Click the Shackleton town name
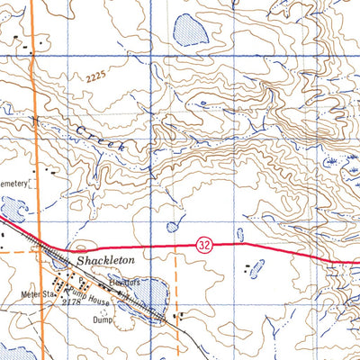105,259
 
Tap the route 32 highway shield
204,243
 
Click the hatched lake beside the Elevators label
151,293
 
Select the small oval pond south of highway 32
257,268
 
